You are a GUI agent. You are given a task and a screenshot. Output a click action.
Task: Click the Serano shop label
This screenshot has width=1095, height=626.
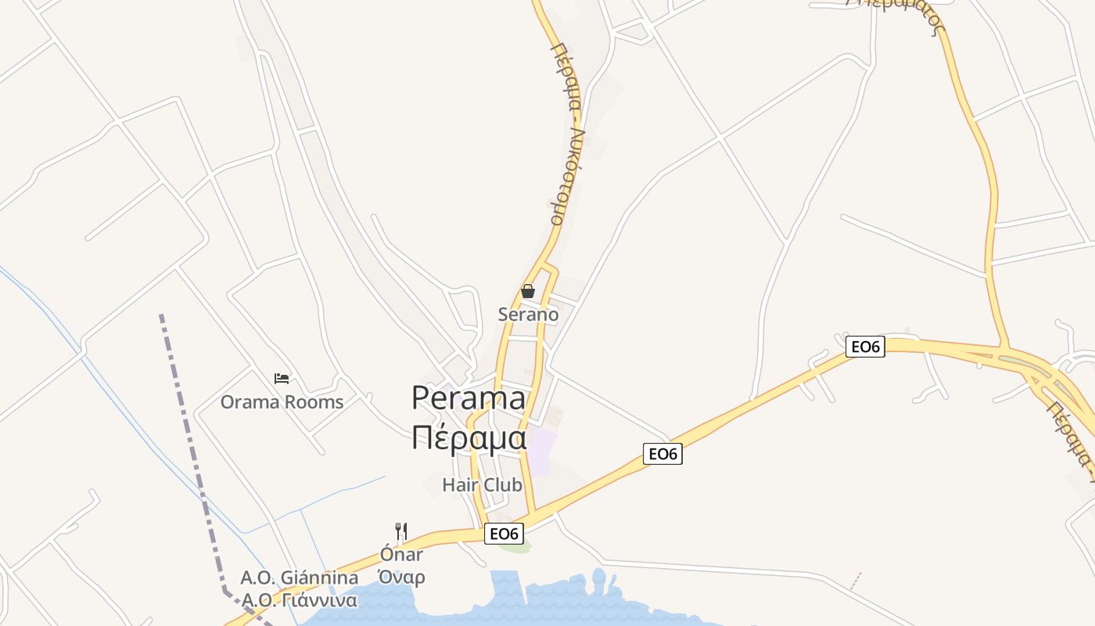528,315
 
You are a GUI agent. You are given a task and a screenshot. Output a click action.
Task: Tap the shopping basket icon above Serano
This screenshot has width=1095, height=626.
528,291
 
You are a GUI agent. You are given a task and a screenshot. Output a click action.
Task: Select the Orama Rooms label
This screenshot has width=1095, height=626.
282,402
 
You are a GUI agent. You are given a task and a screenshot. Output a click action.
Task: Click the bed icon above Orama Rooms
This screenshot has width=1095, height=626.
282,379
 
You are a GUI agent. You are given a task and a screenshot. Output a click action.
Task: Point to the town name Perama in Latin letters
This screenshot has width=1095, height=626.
469,398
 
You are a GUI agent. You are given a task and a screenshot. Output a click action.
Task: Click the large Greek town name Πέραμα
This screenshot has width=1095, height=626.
469,437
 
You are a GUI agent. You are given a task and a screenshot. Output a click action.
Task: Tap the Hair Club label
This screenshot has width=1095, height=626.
482,484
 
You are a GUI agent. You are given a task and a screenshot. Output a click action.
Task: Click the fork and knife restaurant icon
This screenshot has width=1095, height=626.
401,531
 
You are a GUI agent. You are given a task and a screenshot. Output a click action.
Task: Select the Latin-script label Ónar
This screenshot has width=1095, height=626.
401,555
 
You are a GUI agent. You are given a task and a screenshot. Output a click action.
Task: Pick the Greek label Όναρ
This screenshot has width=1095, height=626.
401,578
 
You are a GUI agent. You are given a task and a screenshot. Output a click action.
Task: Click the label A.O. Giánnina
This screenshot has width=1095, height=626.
300,578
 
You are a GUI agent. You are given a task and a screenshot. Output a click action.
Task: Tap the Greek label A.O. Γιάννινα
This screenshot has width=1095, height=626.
300,601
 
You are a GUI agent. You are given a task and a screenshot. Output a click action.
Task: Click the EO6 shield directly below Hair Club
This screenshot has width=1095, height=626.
503,534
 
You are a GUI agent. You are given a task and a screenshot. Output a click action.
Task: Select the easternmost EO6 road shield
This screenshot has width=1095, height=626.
865,347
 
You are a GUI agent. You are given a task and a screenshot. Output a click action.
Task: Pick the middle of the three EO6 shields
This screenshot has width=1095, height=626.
662,453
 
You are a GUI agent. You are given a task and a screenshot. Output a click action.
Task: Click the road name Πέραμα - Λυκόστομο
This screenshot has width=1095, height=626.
569,133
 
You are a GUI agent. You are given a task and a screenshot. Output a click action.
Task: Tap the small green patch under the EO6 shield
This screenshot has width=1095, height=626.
514,546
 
